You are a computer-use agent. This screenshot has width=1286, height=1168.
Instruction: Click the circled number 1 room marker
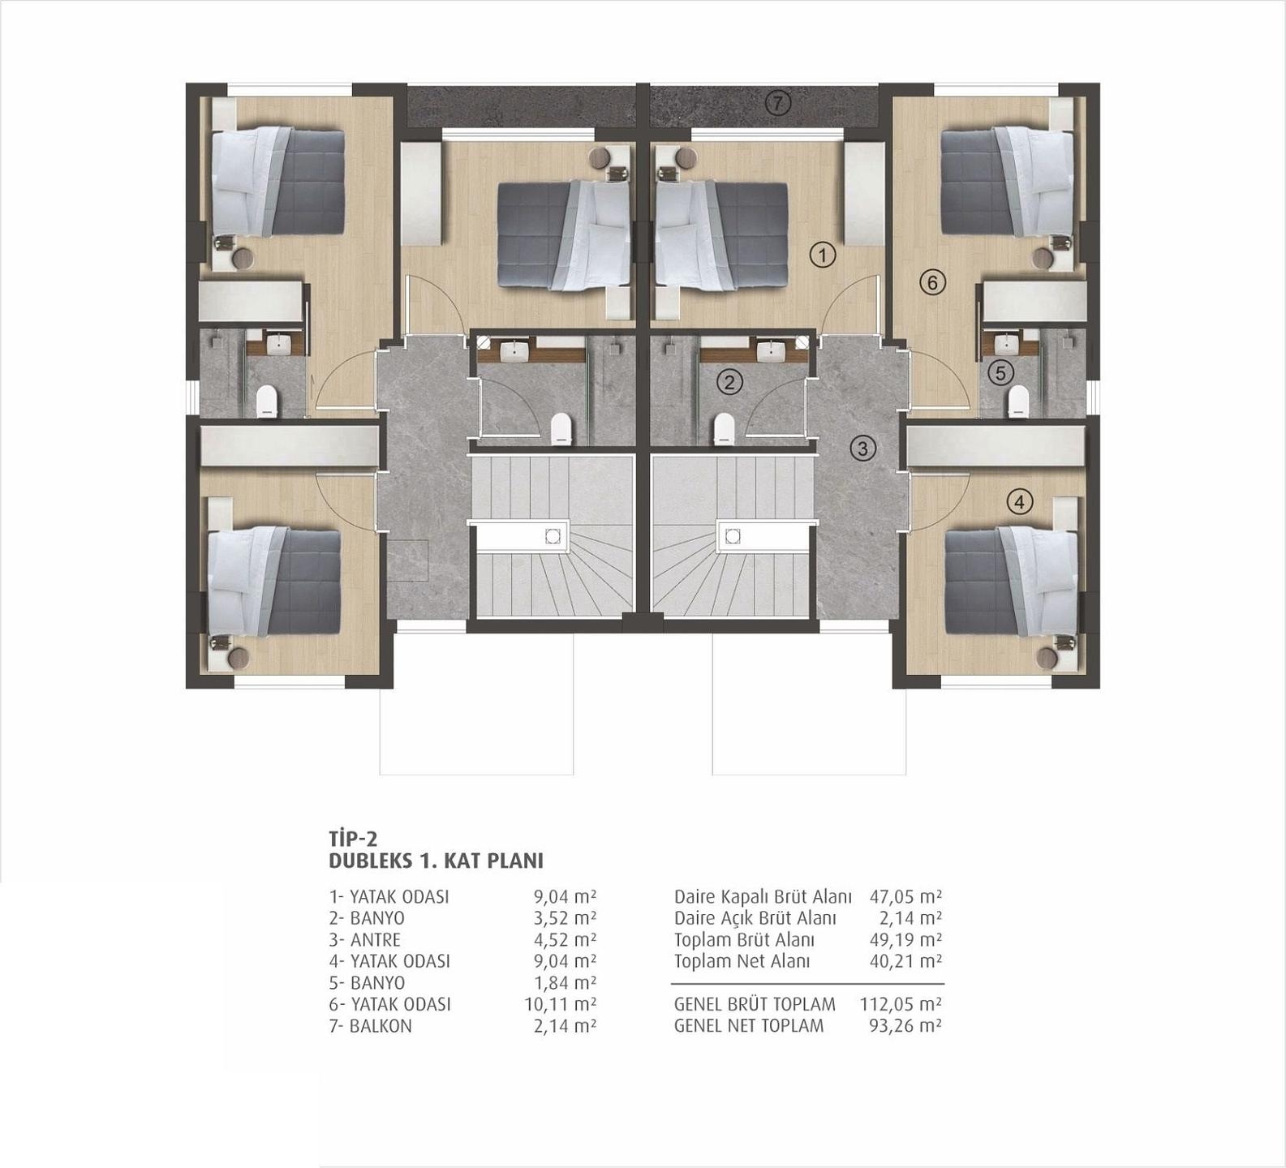coord(823,255)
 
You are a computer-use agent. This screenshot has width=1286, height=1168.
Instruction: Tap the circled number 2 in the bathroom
coord(730,381)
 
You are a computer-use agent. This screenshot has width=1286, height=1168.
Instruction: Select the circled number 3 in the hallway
coord(862,448)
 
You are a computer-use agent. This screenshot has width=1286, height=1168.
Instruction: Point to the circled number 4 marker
coord(1020,501)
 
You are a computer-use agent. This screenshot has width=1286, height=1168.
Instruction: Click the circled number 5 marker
coord(1000,373)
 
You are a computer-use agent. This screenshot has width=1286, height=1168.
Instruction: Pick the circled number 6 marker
coord(932,282)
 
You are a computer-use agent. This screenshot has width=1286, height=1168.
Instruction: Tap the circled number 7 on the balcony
coord(777,103)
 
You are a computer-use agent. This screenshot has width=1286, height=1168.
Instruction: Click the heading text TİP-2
coord(353,838)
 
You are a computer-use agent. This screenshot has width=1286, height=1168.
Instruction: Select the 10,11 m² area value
coord(561,1004)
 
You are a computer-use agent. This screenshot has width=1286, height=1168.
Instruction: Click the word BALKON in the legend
coord(381,1026)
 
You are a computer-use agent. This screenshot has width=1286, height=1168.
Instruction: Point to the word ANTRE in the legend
coord(376,940)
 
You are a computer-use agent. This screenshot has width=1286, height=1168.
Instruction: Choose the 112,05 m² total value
coord(901,1004)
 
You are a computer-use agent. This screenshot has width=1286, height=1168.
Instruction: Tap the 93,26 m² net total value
coord(905,1026)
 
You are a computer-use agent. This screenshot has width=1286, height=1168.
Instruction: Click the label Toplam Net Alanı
coord(742,962)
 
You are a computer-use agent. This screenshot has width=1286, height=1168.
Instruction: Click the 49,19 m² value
coord(905,940)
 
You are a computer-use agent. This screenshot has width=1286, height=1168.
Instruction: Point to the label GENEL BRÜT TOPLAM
coord(755,1004)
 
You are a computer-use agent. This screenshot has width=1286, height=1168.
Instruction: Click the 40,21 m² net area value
coord(905,962)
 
